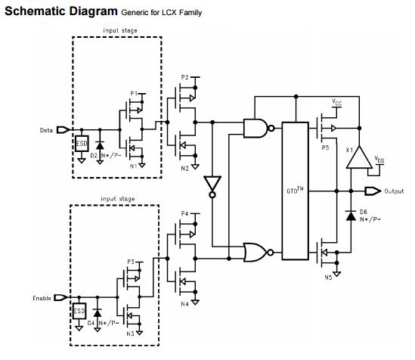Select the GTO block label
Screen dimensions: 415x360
point(295,190)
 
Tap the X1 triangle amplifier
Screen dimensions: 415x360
point(359,158)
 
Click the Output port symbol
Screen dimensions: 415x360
point(373,191)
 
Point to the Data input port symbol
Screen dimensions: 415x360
point(63,130)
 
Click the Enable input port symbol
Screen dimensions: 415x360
point(61,298)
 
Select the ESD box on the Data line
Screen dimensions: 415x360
point(82,144)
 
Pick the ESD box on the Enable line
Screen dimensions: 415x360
point(79,311)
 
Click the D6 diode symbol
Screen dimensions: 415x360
point(351,216)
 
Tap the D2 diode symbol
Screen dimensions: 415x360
point(100,145)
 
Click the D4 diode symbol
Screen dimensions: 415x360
point(98,313)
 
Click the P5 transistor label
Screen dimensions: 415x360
point(325,147)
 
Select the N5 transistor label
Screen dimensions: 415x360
point(328,277)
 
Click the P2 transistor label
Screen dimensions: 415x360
point(184,77)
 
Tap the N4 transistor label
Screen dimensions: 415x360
point(184,304)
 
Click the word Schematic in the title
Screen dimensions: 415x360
point(35,11)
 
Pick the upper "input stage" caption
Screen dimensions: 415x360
point(120,30)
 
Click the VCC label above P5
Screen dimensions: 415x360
point(337,102)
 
